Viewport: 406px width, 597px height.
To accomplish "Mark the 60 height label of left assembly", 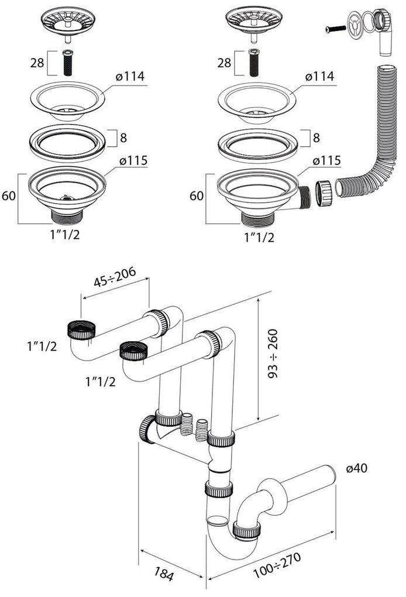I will pos(9,197).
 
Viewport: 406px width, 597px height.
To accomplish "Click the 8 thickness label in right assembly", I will pos(316,138).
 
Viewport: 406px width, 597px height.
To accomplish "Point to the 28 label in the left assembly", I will pos(37,63).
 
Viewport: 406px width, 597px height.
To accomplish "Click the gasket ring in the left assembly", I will pos(67,140).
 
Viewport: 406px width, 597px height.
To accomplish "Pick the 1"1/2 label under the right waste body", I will pos(257,237).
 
